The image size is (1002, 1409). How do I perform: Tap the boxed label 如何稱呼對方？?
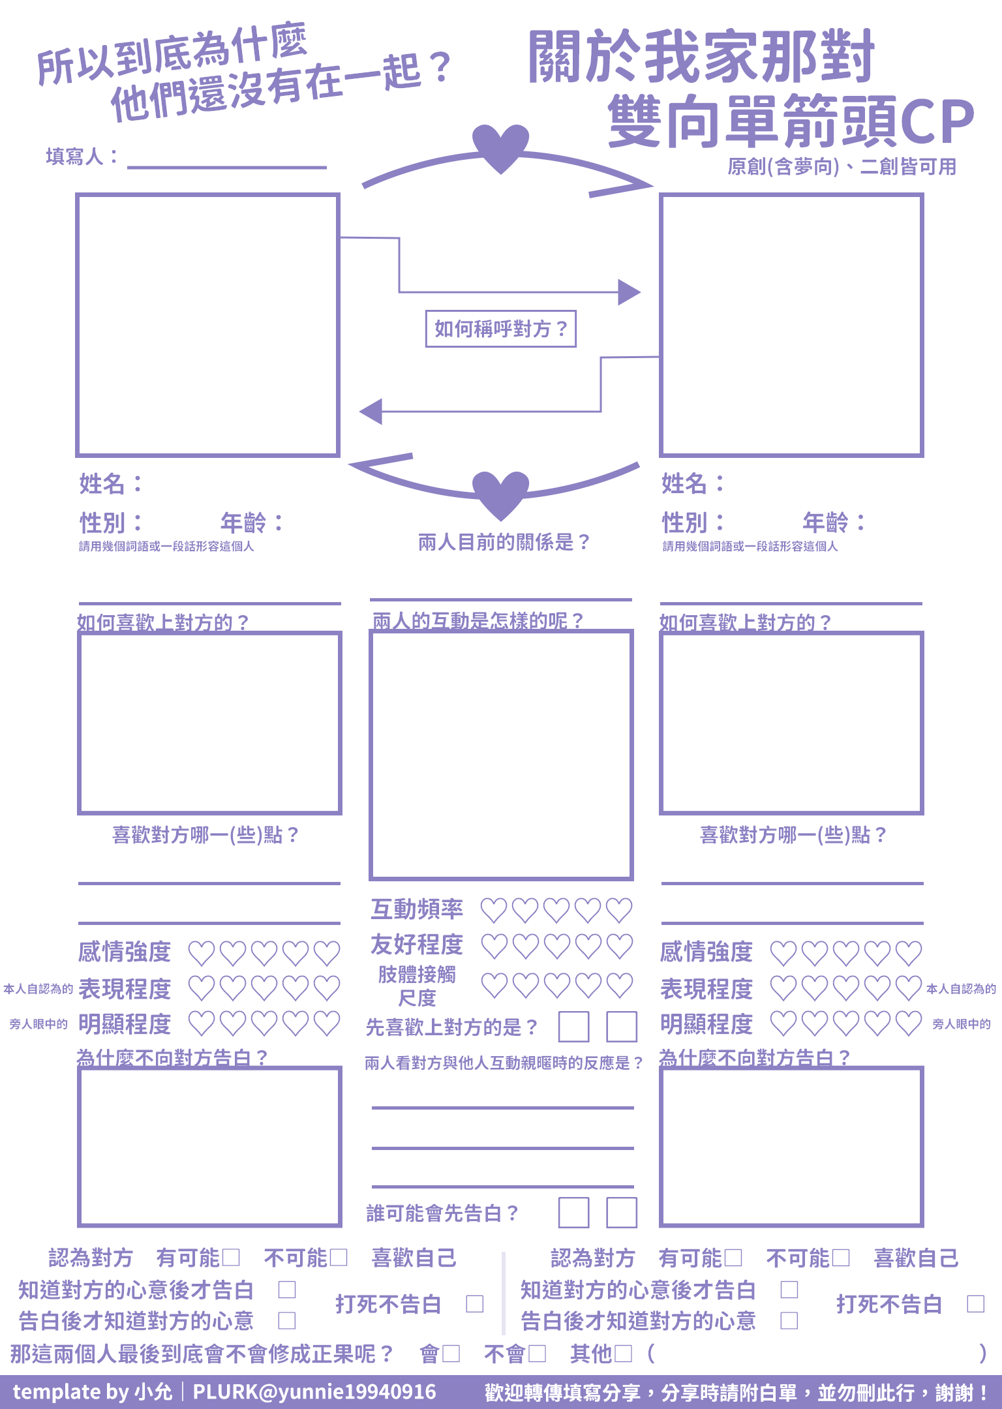pos(500,329)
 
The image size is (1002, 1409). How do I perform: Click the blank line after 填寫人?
pos(227,168)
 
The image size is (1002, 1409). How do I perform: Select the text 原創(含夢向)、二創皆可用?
pos(842,167)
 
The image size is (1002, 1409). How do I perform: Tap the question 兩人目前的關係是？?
pos(504,542)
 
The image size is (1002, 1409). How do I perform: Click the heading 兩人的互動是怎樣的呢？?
pos(478,620)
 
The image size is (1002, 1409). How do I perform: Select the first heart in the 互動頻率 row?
pos(494,911)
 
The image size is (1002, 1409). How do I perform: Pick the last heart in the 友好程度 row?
pos(619,947)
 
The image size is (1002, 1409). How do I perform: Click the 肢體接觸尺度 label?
pos(417,986)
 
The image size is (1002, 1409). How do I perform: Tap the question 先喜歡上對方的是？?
pos(451,1027)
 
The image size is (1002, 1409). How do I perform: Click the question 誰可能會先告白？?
pos(442,1213)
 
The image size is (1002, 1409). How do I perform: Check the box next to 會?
pos(451,1354)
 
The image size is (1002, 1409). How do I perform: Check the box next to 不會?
pos(538,1354)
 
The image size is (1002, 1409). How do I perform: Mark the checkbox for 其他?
pos(624,1354)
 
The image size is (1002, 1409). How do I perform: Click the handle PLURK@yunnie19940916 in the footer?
pos(314,1392)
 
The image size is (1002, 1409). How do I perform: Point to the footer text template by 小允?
pos(93,1392)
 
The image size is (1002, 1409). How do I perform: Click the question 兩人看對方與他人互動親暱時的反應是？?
pos(504,1063)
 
